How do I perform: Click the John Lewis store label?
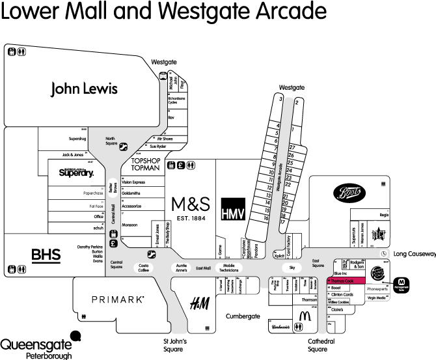(x=85, y=89)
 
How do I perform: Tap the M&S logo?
(x=191, y=204)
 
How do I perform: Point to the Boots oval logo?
(x=349, y=193)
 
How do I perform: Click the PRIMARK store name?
(x=117, y=299)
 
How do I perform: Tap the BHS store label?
(x=46, y=255)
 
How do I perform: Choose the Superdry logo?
(x=76, y=173)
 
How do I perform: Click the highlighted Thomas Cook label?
(x=342, y=281)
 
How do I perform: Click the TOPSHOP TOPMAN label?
(x=145, y=164)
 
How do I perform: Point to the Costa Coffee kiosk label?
(x=144, y=268)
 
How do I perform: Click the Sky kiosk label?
(x=292, y=268)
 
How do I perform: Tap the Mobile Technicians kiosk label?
(x=228, y=268)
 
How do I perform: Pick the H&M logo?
(x=198, y=303)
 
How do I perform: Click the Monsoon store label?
(x=129, y=225)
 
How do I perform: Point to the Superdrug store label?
(x=77, y=139)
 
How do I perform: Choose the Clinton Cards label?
(x=342, y=295)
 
